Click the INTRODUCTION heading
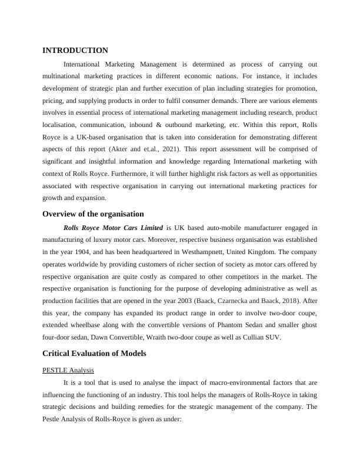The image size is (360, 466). point(75,51)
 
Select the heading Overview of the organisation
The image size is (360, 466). point(93,214)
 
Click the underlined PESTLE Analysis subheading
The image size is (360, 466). point(68,370)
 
